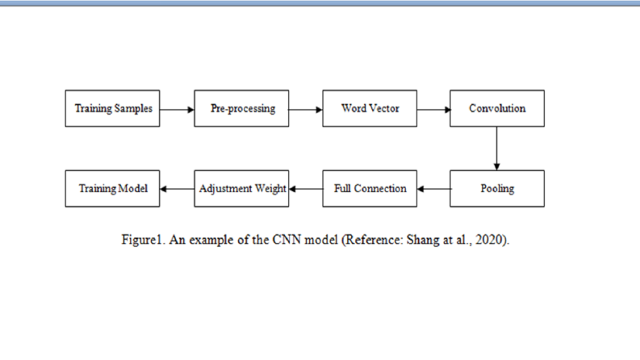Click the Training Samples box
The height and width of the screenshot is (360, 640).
[112, 109]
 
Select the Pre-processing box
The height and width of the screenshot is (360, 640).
[241, 109]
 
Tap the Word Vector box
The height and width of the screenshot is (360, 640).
[370, 109]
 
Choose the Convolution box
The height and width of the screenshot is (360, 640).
[497, 109]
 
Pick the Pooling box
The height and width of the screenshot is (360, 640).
[497, 189]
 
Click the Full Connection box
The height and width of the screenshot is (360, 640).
[370, 189]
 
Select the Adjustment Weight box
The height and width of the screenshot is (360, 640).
[241, 189]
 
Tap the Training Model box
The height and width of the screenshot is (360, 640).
[112, 189]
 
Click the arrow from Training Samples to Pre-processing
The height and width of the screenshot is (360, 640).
[177, 110]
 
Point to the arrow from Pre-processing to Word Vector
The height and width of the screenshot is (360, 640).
[306, 110]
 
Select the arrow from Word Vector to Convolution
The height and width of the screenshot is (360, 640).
[434, 110]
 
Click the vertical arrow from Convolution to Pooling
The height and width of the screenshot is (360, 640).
[496, 149]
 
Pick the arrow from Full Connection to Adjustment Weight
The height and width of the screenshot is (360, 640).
[306, 189]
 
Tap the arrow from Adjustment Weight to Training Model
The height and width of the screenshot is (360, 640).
[178, 189]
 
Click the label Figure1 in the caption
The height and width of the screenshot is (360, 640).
[141, 240]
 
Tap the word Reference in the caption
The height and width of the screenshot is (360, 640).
[374, 240]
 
